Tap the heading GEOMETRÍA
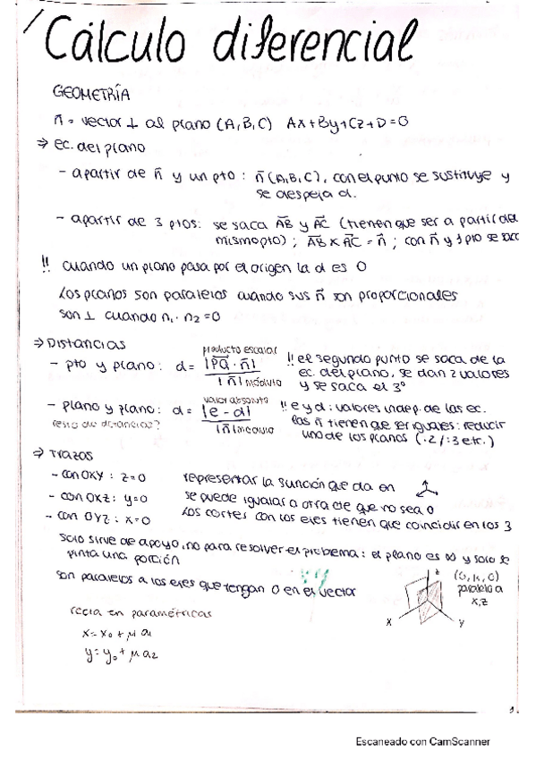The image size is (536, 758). click(x=92, y=93)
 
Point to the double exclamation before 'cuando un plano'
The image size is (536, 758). click(x=47, y=266)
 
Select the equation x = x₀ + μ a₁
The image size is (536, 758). click(x=106, y=634)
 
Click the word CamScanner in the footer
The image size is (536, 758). click(x=461, y=741)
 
